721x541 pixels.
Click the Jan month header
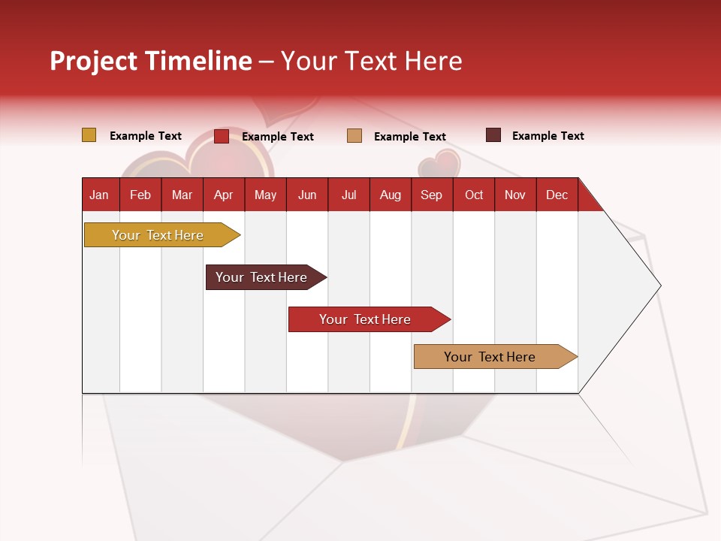coord(100,195)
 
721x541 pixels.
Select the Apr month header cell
coord(224,195)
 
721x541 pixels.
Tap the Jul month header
coord(349,195)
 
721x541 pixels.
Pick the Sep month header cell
coord(432,195)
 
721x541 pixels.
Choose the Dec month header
coord(557,195)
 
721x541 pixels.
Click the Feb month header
coord(140,195)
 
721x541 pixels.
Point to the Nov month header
coord(515,195)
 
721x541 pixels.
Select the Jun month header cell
coord(307,195)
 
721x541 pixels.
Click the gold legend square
coord(89,135)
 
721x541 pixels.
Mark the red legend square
coord(222,136)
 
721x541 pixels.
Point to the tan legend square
coord(354,136)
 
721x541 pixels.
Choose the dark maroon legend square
coord(493,135)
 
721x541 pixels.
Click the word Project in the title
coord(94,61)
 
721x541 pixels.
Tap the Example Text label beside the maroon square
coord(548,136)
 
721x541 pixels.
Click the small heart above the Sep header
coord(440,163)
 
